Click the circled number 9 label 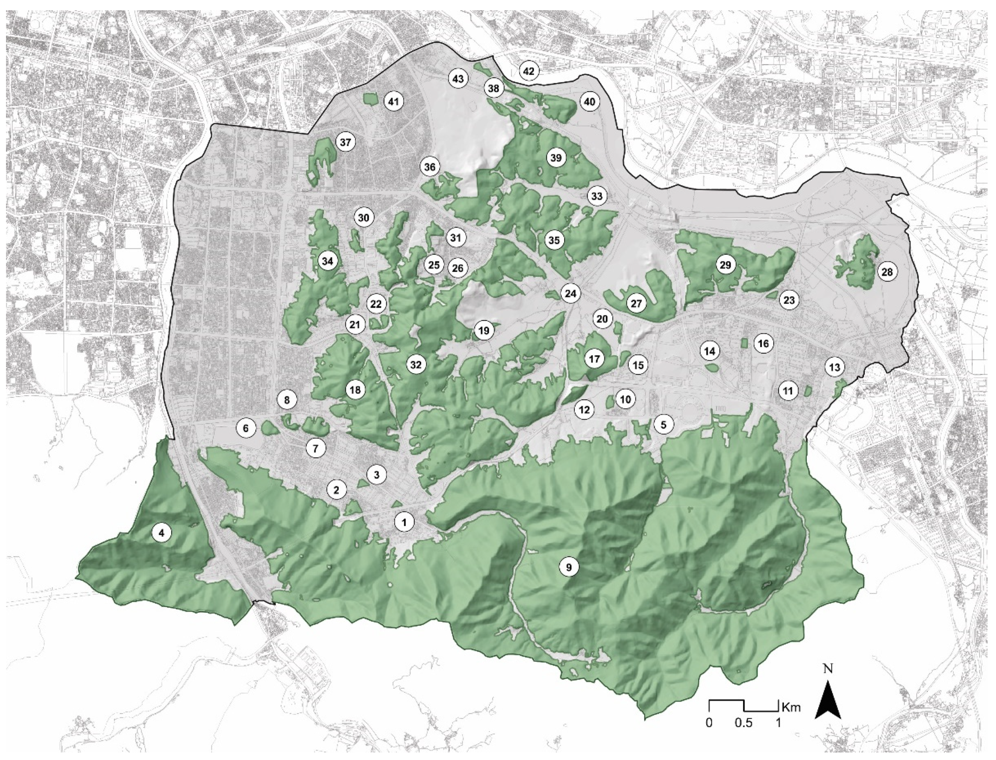[569, 566]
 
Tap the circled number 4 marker [162, 533]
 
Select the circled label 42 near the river [529, 71]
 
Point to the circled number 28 [887, 272]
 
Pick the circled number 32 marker [416, 365]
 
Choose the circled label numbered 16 [763, 344]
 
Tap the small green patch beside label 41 [370, 98]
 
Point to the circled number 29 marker [725, 265]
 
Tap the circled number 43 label [458, 79]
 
